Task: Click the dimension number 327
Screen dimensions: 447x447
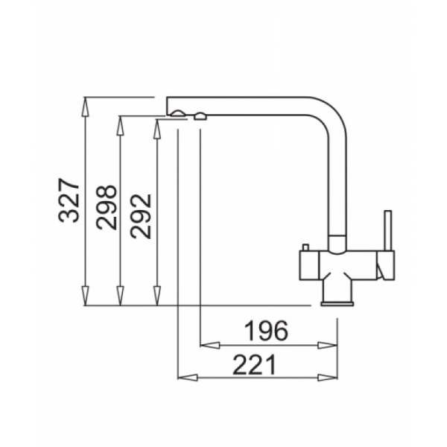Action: [x=69, y=200]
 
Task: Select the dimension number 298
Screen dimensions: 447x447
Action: [x=107, y=207]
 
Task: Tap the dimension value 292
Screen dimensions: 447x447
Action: [x=140, y=216]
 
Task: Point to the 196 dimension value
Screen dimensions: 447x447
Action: [x=267, y=331]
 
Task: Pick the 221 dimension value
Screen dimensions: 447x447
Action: [x=254, y=364]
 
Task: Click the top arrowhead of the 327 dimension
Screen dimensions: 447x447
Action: [x=85, y=107]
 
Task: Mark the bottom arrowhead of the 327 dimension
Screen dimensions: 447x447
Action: [x=85, y=296]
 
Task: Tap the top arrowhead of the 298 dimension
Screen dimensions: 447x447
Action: [x=121, y=125]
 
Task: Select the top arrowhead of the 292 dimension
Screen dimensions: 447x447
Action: [x=156, y=129]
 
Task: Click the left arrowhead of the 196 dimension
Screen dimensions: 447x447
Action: [x=210, y=346]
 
